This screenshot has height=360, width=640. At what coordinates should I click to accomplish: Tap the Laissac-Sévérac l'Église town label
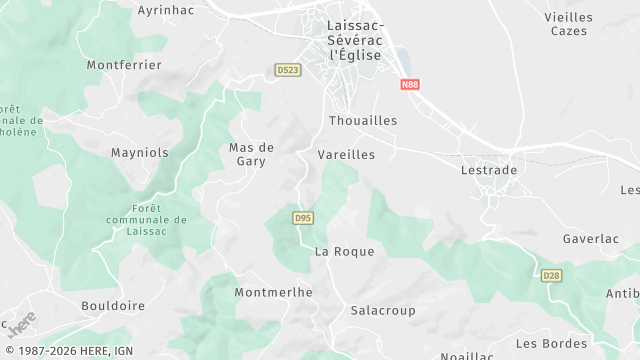[x=355, y=40]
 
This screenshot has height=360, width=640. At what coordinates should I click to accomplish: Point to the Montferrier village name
[x=124, y=65]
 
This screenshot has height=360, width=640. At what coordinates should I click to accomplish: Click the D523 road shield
[x=288, y=70]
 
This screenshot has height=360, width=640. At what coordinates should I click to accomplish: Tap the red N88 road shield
[x=410, y=85]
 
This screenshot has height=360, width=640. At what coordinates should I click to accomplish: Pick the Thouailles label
[x=363, y=120]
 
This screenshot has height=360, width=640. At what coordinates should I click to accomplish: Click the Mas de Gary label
[x=251, y=154]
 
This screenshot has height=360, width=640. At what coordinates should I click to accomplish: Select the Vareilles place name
[x=346, y=155]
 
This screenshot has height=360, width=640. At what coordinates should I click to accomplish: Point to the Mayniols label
[x=139, y=154]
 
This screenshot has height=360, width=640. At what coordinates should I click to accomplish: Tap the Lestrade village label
[x=489, y=170]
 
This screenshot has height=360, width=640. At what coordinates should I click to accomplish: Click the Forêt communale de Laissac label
[x=146, y=220]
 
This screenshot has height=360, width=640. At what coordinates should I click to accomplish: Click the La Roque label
[x=344, y=252]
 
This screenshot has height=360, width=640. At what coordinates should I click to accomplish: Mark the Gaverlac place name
[x=591, y=240]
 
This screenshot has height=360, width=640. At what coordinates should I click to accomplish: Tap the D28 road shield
[x=551, y=275]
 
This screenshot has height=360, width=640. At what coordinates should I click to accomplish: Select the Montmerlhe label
[x=273, y=292]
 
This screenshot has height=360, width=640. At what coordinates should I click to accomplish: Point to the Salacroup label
[x=383, y=311]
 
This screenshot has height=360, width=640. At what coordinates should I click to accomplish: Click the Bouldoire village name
[x=113, y=305]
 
